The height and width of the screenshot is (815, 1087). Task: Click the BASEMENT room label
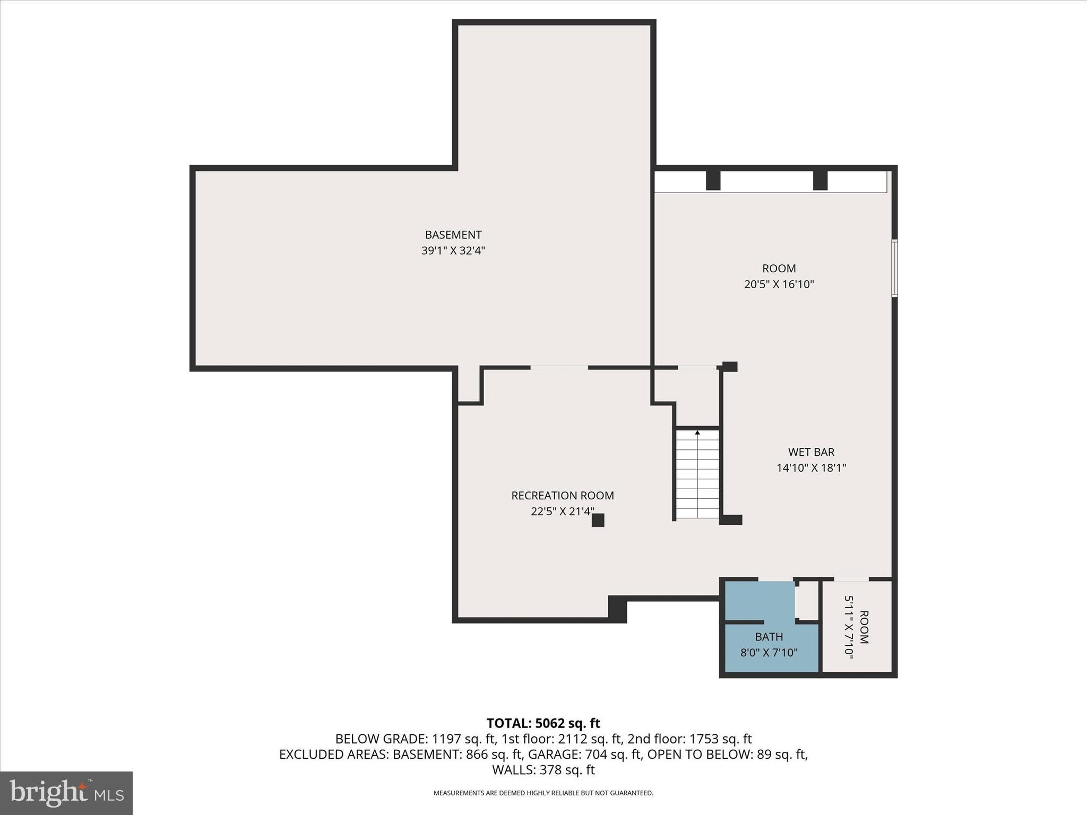[453, 235]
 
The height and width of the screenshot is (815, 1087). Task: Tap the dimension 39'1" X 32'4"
[453, 250]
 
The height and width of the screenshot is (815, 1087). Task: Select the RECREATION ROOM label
[562, 496]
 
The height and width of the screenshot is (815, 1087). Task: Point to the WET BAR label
[811, 452]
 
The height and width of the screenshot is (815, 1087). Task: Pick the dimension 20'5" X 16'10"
[779, 284]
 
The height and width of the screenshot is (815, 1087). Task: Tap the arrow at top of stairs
[697, 433]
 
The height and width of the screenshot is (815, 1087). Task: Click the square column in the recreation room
[598, 520]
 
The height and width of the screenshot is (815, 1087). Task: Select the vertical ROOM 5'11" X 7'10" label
[856, 627]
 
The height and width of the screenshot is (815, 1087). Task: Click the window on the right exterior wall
[894, 268]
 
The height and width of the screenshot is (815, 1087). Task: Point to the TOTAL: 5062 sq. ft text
[543, 723]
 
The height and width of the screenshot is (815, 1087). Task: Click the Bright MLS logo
[66, 793]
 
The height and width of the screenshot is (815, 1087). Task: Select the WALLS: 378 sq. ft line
[543, 770]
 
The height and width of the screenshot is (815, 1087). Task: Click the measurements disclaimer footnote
[543, 793]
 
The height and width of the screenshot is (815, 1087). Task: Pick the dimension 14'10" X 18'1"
[811, 468]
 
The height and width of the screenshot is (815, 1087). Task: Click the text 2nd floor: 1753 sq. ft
[689, 739]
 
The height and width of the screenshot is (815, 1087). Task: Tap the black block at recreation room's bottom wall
[617, 609]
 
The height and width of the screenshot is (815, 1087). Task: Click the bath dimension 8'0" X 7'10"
[769, 653]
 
